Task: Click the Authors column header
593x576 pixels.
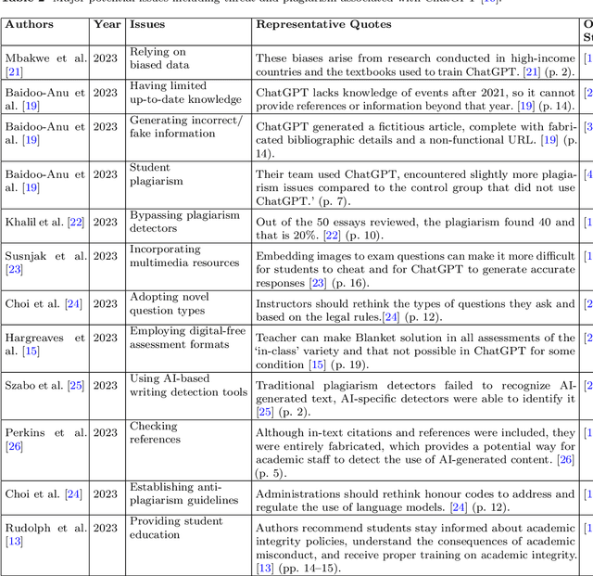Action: pos(30,25)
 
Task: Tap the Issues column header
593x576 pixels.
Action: pos(148,25)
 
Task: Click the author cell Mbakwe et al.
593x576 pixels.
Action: pos(45,65)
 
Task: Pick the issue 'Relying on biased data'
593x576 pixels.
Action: pos(158,60)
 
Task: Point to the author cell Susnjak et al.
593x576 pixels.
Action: pos(45,262)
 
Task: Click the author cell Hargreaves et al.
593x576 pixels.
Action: pos(45,344)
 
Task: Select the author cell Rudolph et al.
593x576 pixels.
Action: pos(45,535)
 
